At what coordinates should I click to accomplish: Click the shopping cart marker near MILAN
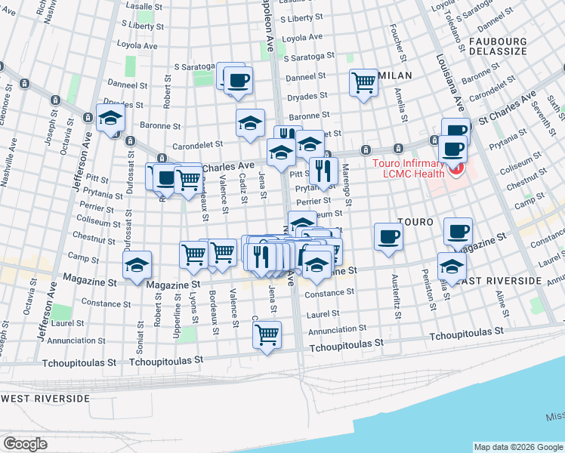pyautogui.click(x=364, y=82)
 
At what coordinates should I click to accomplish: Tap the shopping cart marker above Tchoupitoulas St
pyautogui.click(x=267, y=334)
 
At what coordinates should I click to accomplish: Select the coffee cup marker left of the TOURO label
pyautogui.click(x=388, y=236)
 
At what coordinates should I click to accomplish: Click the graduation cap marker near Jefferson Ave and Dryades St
pyautogui.click(x=110, y=117)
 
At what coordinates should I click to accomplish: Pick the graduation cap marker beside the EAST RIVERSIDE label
pyautogui.click(x=452, y=266)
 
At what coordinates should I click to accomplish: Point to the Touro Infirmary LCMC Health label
pyautogui.click(x=409, y=170)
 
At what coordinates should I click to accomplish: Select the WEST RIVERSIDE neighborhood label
pyautogui.click(x=45, y=398)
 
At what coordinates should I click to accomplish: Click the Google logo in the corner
pyautogui.click(x=26, y=443)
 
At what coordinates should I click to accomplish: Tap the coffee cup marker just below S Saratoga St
pyautogui.click(x=239, y=80)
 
